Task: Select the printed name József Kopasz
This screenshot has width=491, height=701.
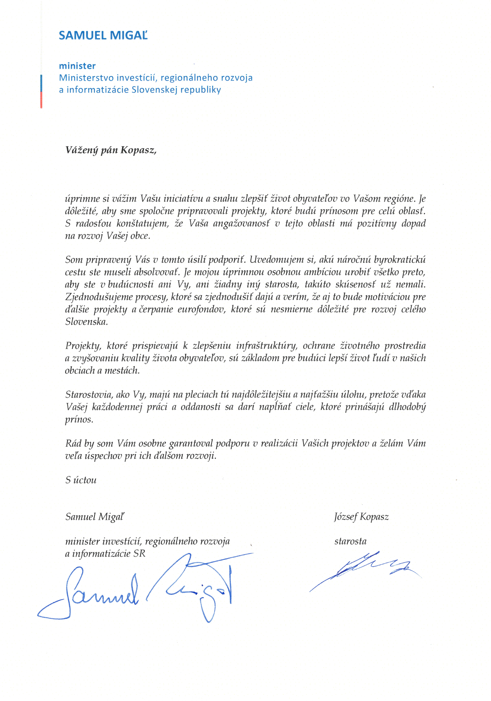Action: coord(361,517)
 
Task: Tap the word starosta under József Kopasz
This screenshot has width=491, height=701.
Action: coord(350,541)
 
